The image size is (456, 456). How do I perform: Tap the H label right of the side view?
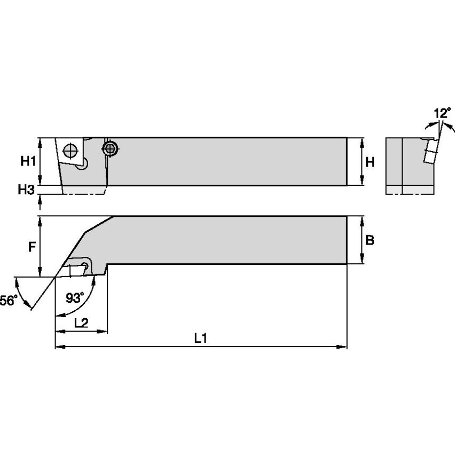[x=369, y=161]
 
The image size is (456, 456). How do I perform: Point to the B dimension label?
[x=369, y=240]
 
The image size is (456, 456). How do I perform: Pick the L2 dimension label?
[x=81, y=323]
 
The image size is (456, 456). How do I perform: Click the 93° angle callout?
[x=75, y=298]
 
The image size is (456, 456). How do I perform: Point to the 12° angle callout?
[x=442, y=113]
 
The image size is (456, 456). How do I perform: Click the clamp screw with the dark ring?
[x=111, y=149]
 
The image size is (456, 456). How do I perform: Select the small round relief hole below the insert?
[x=82, y=167]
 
